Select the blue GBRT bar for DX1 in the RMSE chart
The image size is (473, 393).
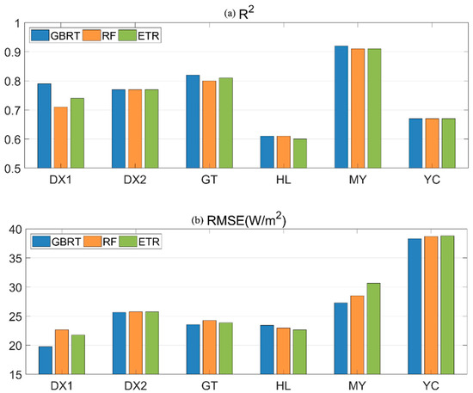click(45, 360)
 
